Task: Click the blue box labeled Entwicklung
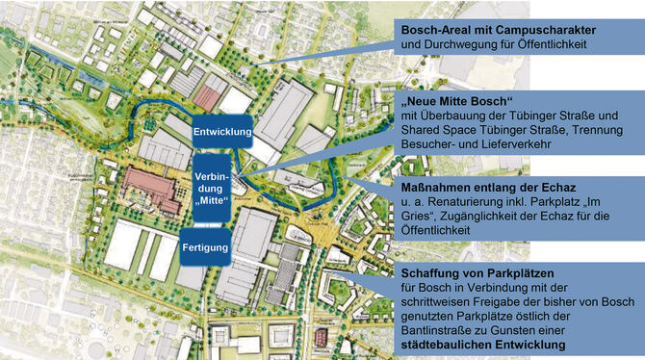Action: tap(221, 131)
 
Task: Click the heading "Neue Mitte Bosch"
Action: tap(460, 102)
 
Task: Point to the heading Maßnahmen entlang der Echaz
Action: tap(484, 190)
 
